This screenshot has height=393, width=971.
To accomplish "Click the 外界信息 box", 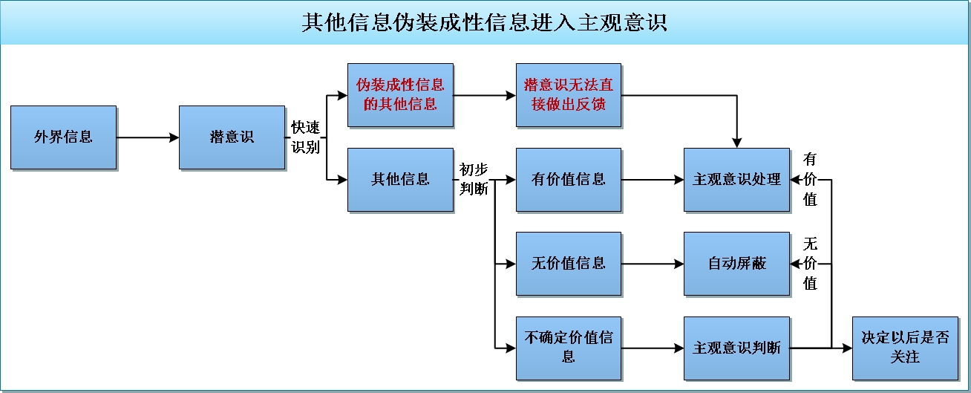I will click(64, 137).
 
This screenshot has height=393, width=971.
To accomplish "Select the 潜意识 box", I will click(232, 137).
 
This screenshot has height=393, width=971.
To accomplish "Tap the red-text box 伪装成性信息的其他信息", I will click(400, 95).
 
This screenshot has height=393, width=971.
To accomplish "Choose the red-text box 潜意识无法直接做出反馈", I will click(569, 95).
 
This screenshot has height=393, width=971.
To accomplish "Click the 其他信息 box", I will click(400, 180).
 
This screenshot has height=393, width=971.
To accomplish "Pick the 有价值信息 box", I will click(569, 180).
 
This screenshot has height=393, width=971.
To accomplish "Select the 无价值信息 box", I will click(569, 264).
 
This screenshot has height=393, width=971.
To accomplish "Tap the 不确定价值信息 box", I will click(569, 348).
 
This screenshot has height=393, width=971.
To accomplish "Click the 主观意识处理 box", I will click(736, 180).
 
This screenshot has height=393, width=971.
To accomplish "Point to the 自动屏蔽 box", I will click(736, 264).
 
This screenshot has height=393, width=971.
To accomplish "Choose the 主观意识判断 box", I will click(736, 348).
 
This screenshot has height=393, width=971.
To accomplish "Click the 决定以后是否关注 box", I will click(905, 348).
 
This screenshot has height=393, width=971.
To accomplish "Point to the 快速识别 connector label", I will click(305, 137).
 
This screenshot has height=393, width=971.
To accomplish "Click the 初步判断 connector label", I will click(474, 179).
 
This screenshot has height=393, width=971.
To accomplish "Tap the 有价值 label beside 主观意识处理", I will click(810, 180).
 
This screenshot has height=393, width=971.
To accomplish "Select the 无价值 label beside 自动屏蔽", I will click(810, 264).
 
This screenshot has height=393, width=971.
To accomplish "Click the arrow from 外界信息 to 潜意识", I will click(148, 137).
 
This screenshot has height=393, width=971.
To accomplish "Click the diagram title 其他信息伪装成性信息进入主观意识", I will click(485, 22).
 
